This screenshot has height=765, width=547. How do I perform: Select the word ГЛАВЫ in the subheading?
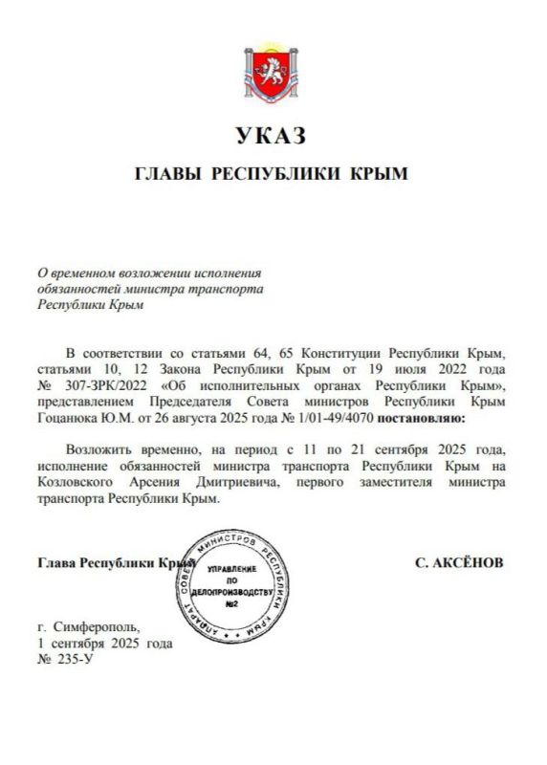pos(168,174)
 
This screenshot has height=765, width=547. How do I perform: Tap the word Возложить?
pos(100,448)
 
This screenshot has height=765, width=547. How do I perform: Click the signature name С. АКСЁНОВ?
pos(459,562)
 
